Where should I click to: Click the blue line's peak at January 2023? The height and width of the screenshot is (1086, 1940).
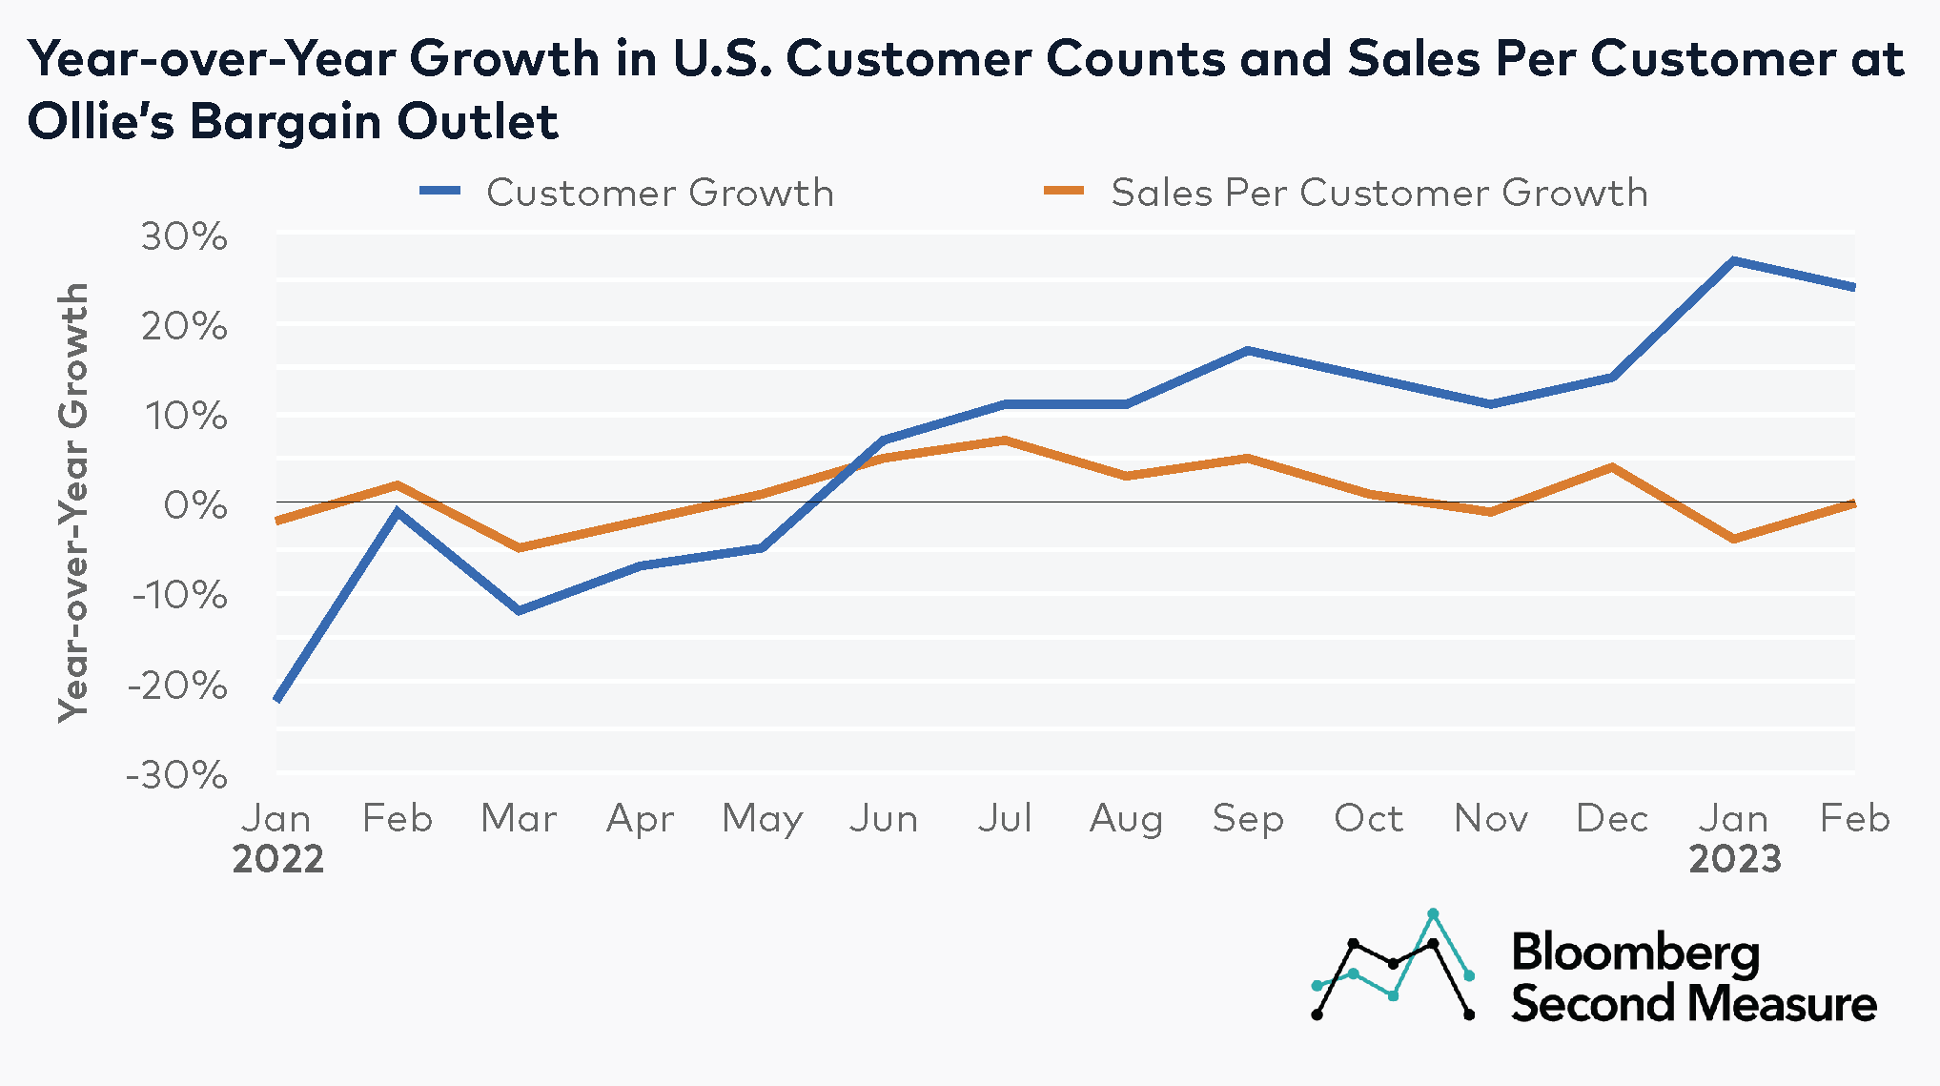click(1734, 260)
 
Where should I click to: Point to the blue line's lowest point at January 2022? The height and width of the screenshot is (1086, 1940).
click(277, 699)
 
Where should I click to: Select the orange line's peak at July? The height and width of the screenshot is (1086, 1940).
click(1005, 441)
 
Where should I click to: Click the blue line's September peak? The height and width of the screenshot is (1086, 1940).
click(1248, 351)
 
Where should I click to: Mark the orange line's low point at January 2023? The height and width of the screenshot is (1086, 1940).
click(1734, 539)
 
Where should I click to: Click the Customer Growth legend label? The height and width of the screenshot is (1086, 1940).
click(660, 193)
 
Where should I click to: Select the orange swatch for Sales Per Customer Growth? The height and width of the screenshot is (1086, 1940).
click(1064, 191)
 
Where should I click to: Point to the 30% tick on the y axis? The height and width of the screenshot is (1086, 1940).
click(185, 236)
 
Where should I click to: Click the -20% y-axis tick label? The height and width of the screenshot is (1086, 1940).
click(179, 685)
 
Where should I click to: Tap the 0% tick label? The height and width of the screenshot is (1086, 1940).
click(195, 505)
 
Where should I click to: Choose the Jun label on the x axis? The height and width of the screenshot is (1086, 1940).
click(884, 818)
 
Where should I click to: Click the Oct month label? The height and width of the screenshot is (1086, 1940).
click(1369, 818)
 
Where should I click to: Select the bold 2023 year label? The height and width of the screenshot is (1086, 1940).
click(1734, 859)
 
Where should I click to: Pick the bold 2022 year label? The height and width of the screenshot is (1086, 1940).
click(277, 859)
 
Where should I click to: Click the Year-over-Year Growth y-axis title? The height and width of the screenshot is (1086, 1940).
click(73, 502)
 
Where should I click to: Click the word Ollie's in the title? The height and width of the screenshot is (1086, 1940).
click(101, 121)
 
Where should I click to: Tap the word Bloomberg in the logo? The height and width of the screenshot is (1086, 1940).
click(1635, 953)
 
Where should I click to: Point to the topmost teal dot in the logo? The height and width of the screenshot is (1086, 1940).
click(1433, 913)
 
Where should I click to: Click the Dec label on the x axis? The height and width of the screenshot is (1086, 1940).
click(1612, 818)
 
